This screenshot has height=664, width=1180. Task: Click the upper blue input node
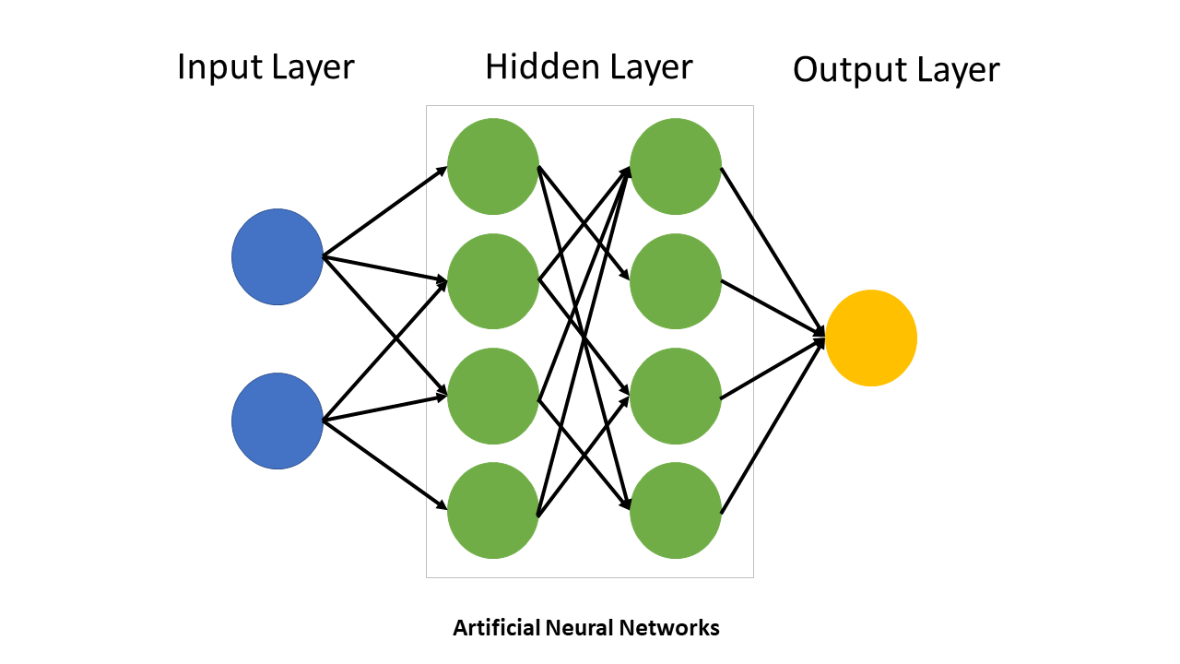tap(277, 256)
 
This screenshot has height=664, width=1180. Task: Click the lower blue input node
tap(277, 421)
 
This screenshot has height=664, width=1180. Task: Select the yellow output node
tap(870, 338)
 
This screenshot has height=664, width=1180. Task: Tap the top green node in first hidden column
tap(492, 167)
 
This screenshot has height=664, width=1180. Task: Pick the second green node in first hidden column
tap(492, 281)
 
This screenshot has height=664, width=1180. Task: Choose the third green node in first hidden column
tap(492, 396)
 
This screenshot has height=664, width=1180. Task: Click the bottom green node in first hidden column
tap(492, 510)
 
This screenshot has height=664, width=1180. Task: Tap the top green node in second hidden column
tap(675, 167)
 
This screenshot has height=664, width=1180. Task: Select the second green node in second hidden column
tap(675, 281)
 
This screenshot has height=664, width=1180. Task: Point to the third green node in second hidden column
tap(675, 396)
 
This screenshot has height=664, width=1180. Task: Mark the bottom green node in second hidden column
tap(675, 510)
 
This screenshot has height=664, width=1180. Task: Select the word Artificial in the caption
tap(496, 629)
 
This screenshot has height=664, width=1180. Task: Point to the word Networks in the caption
tap(669, 629)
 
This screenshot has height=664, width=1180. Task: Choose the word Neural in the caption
tap(579, 629)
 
